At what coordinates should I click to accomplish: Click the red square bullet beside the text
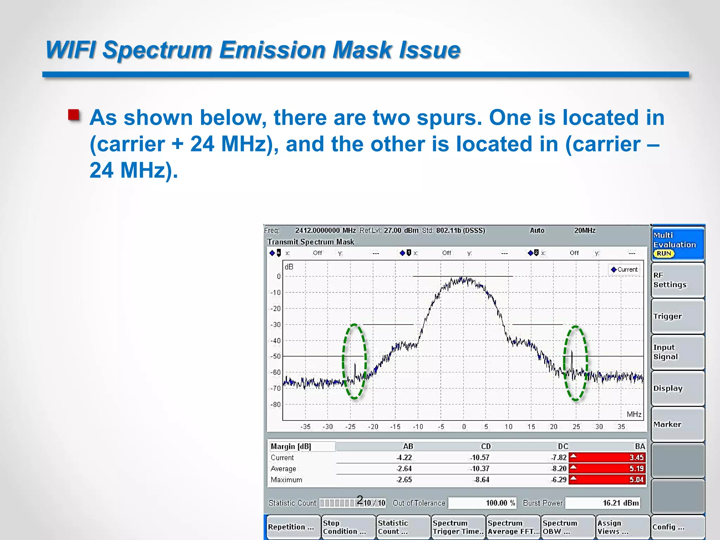click(74, 115)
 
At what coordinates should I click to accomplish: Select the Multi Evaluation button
click(677, 244)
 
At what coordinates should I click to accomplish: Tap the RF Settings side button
click(677, 280)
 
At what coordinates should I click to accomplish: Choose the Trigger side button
click(677, 316)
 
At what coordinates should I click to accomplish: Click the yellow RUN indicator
click(664, 253)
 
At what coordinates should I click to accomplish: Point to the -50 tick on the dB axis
click(276, 356)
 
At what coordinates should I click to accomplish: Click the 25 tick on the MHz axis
click(576, 427)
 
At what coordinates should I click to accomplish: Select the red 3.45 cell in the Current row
click(607, 457)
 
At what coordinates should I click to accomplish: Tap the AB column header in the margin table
click(408, 446)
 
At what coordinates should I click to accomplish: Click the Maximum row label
click(287, 480)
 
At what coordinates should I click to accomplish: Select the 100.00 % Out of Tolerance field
click(482, 503)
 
